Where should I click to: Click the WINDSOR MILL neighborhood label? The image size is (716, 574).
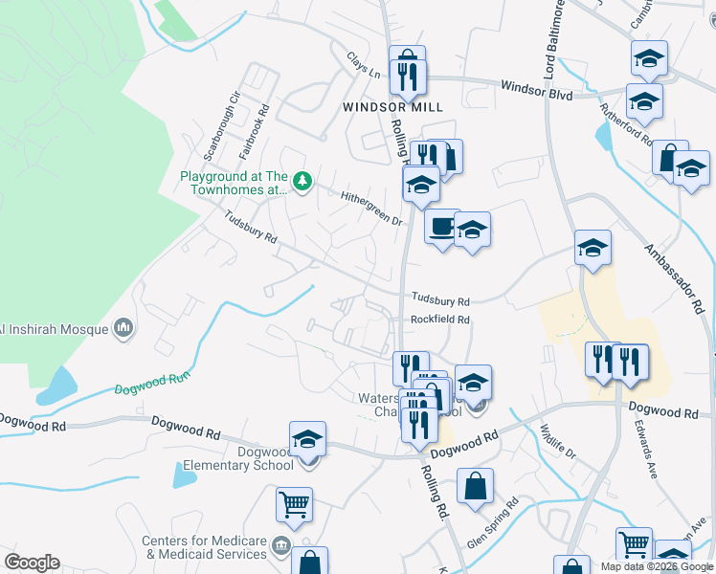[x=393, y=107]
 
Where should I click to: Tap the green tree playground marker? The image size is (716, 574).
[x=302, y=180]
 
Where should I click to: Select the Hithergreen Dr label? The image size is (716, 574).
[x=371, y=208]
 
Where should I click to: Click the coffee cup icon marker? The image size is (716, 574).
[x=441, y=228]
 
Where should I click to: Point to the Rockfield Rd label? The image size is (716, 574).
[x=440, y=320]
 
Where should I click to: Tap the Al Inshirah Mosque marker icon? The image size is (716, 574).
[x=123, y=329]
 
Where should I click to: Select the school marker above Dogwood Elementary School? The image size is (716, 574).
[x=307, y=439]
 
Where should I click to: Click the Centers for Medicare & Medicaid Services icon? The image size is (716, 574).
[x=280, y=546]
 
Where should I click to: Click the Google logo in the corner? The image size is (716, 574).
[x=32, y=563]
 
